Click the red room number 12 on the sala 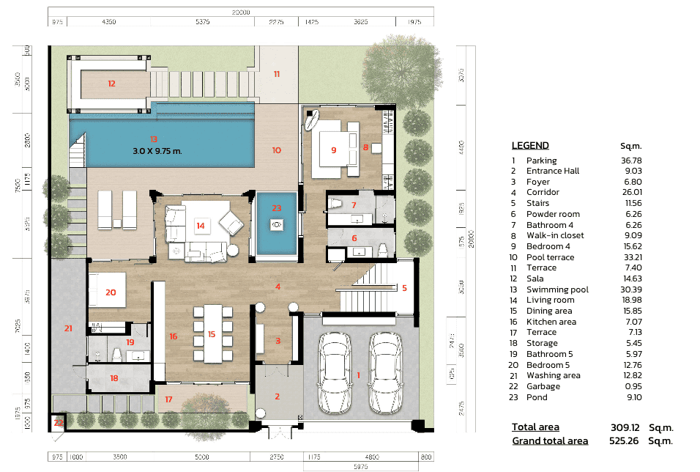tap(111, 84)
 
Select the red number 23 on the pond tap(276, 207)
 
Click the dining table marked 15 tap(212, 334)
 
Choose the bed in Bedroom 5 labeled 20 tap(111, 291)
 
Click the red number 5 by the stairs tap(404, 288)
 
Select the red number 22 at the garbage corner tap(58, 423)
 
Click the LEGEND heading tap(530, 145)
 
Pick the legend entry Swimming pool tap(557, 290)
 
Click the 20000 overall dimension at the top tap(241, 12)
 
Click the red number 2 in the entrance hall tap(277, 397)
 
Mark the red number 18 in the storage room tap(113, 377)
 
